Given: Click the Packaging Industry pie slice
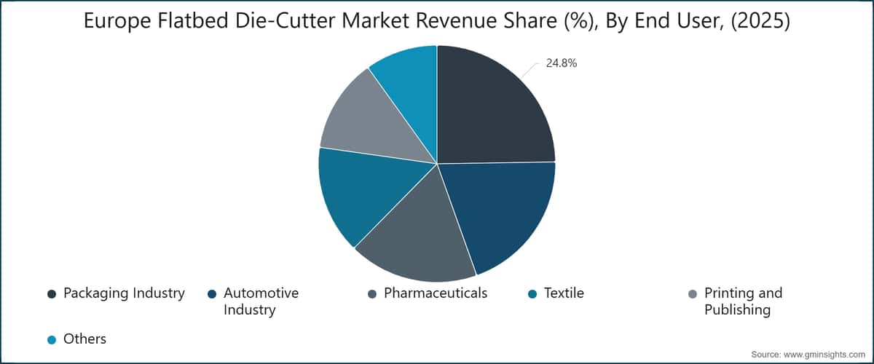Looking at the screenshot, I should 492,109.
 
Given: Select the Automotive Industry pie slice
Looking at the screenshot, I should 503,211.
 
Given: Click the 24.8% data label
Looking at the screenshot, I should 562,63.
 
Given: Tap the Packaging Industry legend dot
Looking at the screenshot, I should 52,294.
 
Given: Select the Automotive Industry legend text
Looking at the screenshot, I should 261,301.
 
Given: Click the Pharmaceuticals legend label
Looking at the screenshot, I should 436,293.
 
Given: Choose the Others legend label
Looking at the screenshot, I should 84,339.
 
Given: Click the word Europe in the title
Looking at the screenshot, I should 119,23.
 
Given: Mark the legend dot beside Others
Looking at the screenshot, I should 52,339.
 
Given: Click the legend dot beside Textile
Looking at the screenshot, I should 532,294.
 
